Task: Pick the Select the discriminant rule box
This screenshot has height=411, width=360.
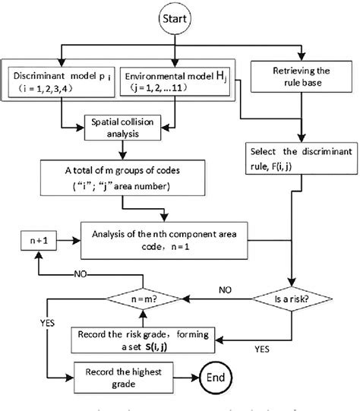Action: (302, 157)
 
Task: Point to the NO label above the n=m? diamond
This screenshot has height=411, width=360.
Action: (81, 275)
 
